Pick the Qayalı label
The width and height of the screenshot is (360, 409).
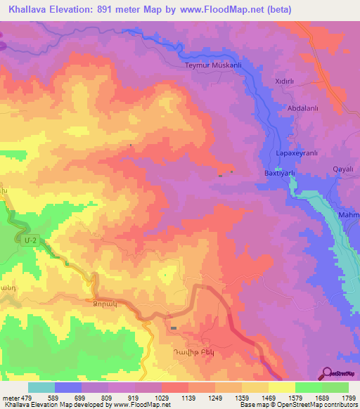342,169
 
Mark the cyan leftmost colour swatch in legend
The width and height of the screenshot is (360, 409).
41,387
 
